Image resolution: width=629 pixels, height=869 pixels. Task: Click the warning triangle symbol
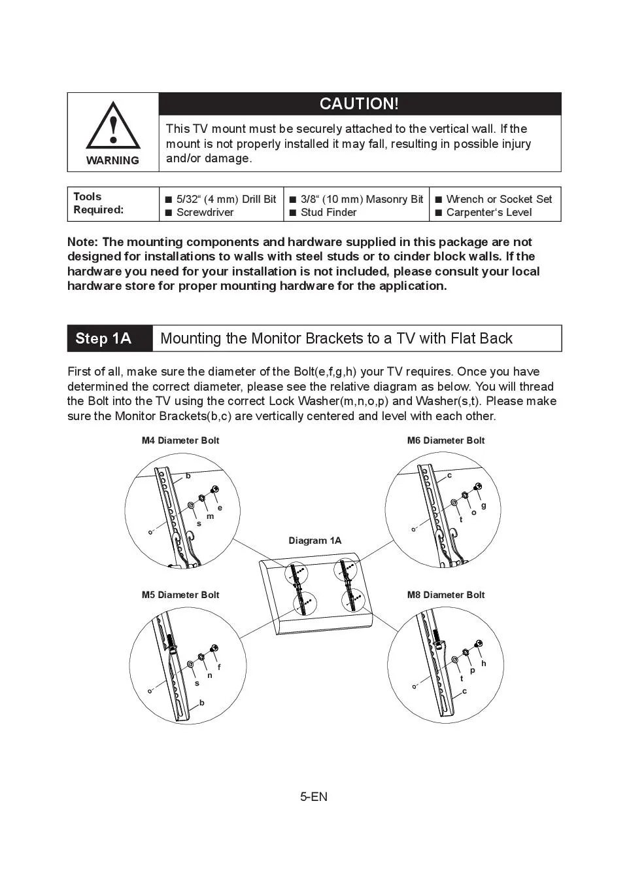[x=113, y=126]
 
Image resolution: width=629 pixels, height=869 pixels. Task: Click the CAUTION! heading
[x=359, y=104]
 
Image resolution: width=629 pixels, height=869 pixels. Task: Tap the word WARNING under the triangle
[x=112, y=160]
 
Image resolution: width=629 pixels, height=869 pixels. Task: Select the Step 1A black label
[x=103, y=338]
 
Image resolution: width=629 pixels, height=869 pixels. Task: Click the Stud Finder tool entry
[x=328, y=212]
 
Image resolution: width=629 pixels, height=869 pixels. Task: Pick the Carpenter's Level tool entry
[x=488, y=212]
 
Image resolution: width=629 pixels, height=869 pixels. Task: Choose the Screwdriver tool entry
[x=205, y=212]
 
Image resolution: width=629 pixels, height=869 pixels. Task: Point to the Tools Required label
[x=98, y=203]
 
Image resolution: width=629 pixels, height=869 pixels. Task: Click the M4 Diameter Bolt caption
[x=180, y=440]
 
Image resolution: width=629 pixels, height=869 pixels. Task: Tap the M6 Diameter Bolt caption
[x=446, y=440]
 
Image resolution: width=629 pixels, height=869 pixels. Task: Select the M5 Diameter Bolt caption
[x=180, y=595]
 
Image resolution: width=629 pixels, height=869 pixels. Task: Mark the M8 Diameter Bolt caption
[x=446, y=595]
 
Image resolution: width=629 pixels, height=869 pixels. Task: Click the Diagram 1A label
[x=315, y=541]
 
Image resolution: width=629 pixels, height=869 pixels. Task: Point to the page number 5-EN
[x=314, y=796]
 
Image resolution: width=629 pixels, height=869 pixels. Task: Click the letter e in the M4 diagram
[x=220, y=508]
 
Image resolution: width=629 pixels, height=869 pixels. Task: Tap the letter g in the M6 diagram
[x=483, y=505]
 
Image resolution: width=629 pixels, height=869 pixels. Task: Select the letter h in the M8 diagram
[x=483, y=664]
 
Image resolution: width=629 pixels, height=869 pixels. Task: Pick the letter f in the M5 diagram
[x=219, y=667]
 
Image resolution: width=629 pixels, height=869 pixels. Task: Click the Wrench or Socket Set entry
[x=499, y=199]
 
